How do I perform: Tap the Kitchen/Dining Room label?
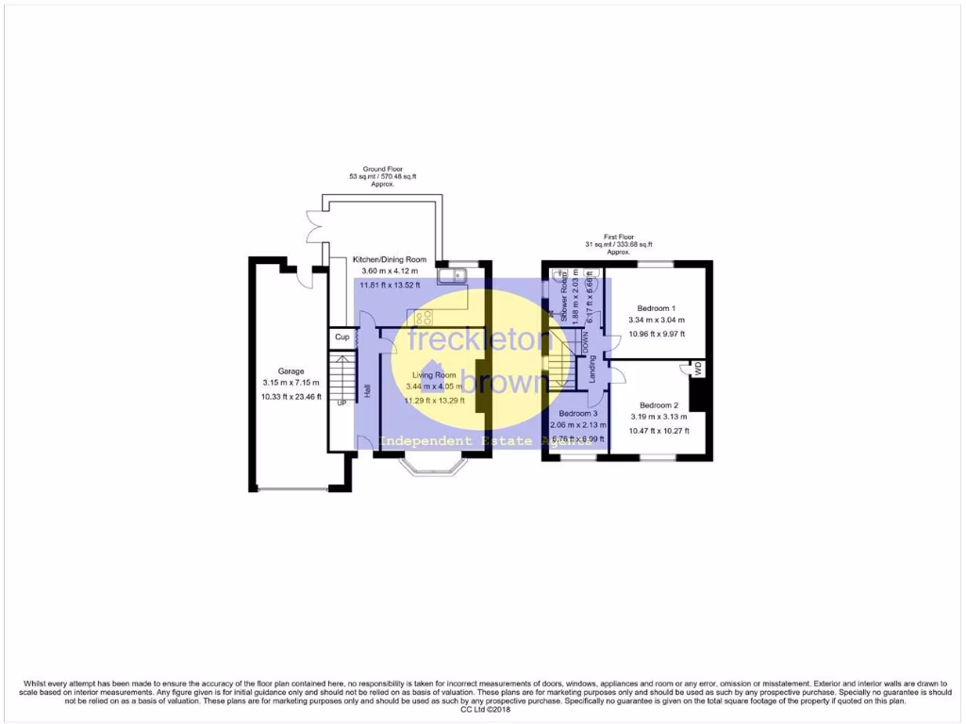390,259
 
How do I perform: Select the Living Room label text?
434,375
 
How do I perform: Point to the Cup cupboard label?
341,337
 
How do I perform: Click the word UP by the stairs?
341,403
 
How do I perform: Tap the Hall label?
366,390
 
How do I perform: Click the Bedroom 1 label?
656,308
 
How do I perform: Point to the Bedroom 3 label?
577,414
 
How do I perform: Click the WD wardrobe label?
698,370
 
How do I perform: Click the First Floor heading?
619,238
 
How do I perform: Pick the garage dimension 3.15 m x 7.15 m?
291,383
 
